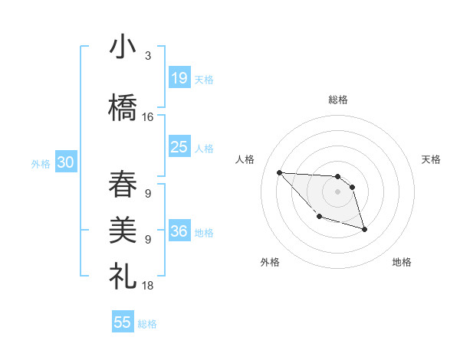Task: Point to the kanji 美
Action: click(123, 230)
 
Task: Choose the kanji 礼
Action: click(123, 275)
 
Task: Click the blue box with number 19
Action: click(179, 78)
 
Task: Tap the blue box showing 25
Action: click(179, 147)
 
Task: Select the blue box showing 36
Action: click(179, 231)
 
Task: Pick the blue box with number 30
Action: click(64, 162)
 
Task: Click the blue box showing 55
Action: click(123, 322)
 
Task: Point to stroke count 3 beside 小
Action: click(147, 56)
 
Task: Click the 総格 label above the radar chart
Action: click(337, 100)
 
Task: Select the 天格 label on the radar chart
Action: click(431, 159)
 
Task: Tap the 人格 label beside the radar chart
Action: click(245, 159)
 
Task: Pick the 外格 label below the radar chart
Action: click(270, 262)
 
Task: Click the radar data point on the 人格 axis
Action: click(279, 172)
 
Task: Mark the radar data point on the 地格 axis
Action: click(364, 229)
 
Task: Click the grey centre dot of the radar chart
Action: click(337, 191)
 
